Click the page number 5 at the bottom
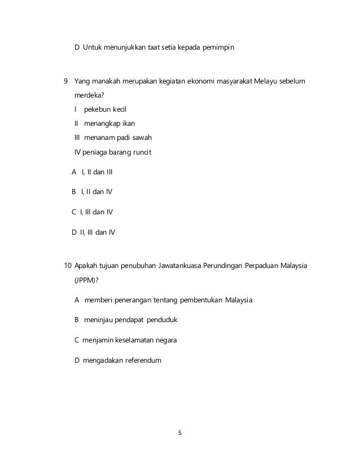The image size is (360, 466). click(x=180, y=433)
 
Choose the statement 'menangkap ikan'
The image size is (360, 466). click(x=109, y=123)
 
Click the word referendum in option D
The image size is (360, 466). click(x=141, y=361)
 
